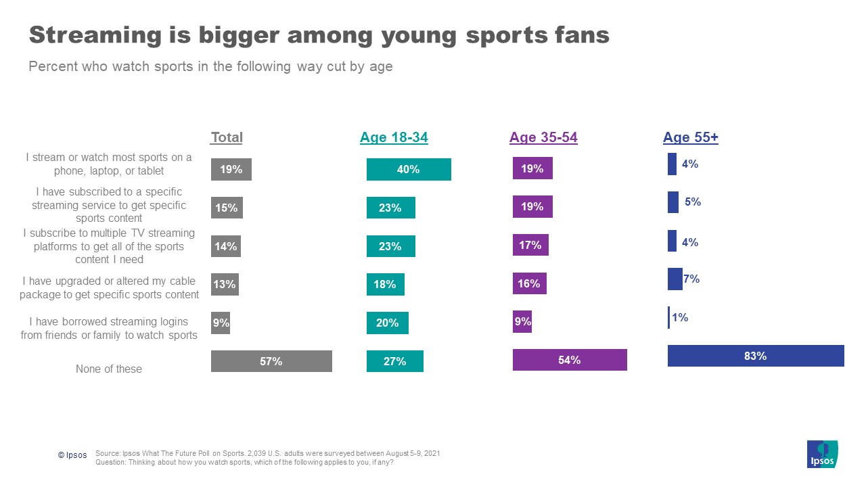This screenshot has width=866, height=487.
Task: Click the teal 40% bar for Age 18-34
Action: [x=409, y=169]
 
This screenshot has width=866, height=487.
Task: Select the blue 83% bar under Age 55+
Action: [x=756, y=356]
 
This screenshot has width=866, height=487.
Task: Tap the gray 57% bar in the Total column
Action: [x=271, y=361]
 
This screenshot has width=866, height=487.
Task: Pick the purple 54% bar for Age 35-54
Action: [x=570, y=360]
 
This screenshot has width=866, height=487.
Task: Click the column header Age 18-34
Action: [x=394, y=137]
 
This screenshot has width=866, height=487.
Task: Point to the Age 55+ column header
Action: [x=690, y=137]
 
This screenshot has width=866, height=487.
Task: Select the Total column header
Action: [x=227, y=137]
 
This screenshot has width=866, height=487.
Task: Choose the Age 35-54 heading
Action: [x=543, y=137]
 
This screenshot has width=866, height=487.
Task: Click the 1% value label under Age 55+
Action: [x=680, y=317]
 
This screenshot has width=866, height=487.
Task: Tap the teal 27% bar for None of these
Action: [x=394, y=361]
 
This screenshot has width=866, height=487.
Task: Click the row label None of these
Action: [x=109, y=369]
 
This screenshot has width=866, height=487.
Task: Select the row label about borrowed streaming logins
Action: [x=109, y=328]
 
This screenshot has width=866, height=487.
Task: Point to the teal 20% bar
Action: [x=387, y=323]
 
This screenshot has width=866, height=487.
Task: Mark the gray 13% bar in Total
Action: [x=225, y=285]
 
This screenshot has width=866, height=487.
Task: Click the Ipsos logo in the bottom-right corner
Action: [x=822, y=454]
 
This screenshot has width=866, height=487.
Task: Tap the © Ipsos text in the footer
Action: [x=72, y=455]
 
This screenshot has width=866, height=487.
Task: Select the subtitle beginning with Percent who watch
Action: [x=210, y=67]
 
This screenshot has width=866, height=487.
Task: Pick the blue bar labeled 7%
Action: [x=675, y=279]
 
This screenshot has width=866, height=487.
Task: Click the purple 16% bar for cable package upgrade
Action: [x=529, y=284]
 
